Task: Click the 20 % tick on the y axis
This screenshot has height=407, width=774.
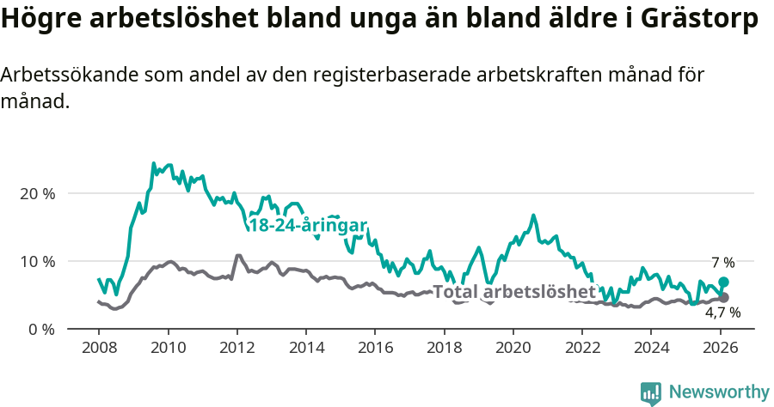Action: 36,193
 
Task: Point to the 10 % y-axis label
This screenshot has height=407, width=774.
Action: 36,261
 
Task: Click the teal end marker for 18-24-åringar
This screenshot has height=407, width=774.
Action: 723,282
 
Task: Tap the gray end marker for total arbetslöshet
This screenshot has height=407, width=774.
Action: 723,297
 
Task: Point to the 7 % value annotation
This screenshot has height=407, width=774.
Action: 722,262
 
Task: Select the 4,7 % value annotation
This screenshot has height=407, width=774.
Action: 722,313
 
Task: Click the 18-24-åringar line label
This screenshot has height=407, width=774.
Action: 307,225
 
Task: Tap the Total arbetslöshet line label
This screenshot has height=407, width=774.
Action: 513,292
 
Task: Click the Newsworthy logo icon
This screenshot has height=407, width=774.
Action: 651,392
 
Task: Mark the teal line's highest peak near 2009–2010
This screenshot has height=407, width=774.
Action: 153,163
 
